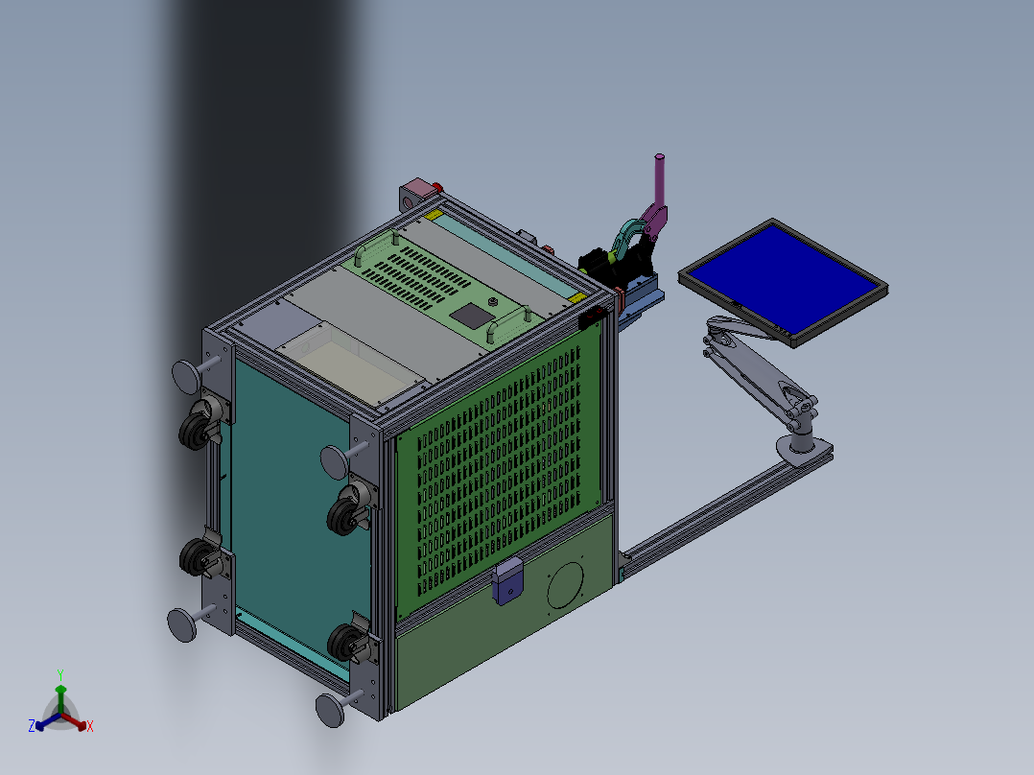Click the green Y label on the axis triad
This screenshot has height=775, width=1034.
point(59,674)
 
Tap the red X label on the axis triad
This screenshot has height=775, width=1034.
point(89,726)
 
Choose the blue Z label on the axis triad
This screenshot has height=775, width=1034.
point(32,726)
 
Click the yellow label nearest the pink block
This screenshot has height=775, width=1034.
point(435,215)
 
